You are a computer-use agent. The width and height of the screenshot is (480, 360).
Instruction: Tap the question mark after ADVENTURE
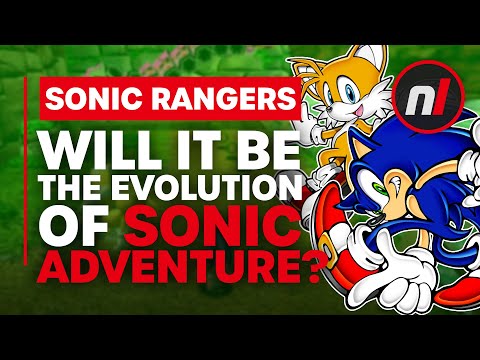click(313, 282)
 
